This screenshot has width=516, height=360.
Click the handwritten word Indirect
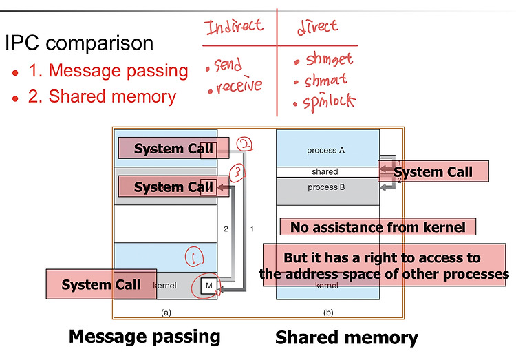click(x=234, y=25)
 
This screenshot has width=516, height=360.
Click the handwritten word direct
click(x=317, y=26)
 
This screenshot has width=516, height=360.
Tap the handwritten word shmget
click(x=329, y=59)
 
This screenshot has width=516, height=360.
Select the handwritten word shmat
click(x=326, y=80)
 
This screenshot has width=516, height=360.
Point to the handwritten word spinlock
click(x=329, y=101)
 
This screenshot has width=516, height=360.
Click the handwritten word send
click(x=228, y=64)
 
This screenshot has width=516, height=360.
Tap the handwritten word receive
click(x=239, y=85)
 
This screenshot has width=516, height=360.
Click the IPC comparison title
click(x=79, y=43)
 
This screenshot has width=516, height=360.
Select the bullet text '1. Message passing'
click(x=108, y=70)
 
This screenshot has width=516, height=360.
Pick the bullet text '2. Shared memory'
click(x=102, y=96)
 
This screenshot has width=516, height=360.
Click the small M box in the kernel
click(x=209, y=286)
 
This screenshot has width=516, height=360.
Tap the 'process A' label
click(x=326, y=151)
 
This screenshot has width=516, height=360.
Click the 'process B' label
click(x=326, y=187)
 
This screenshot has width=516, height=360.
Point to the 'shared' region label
click(x=325, y=171)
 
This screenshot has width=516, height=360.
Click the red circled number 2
click(x=244, y=144)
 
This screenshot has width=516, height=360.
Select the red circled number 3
click(x=237, y=173)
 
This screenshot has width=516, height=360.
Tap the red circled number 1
click(x=195, y=257)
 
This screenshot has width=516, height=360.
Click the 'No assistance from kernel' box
click(x=378, y=227)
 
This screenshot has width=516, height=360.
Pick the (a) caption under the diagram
click(x=166, y=313)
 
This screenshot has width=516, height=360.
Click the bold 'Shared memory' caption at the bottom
click(x=347, y=337)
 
